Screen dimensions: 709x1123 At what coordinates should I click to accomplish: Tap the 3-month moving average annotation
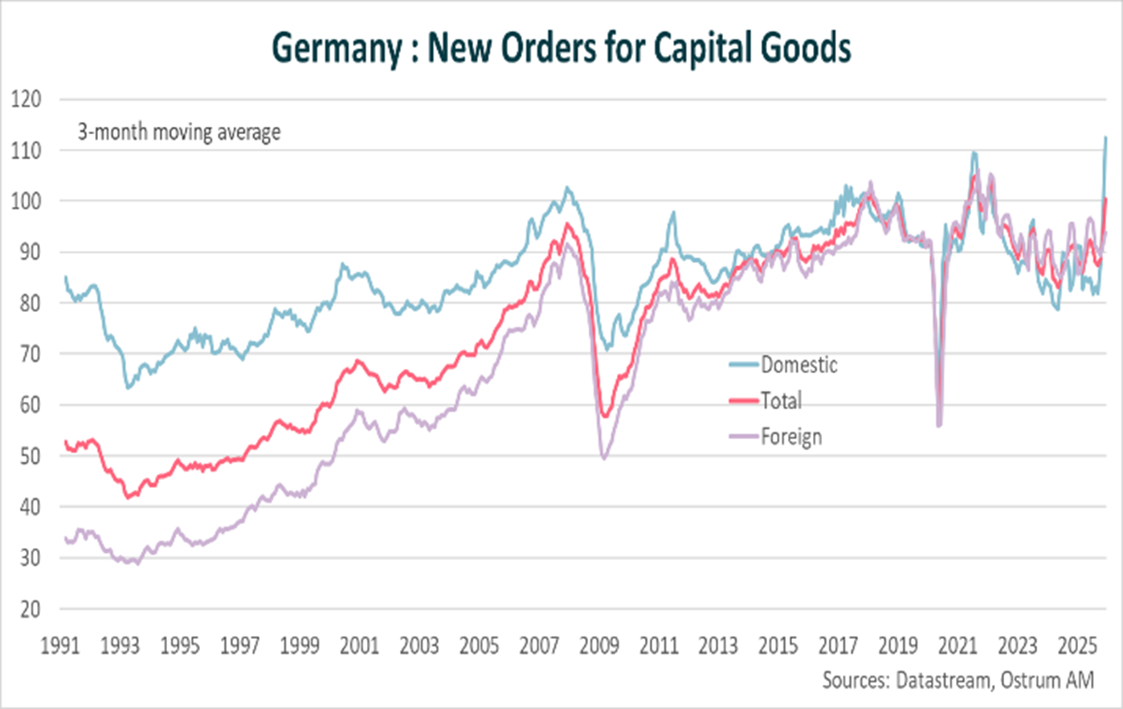click(x=179, y=131)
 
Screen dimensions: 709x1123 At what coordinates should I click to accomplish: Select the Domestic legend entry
click(x=798, y=365)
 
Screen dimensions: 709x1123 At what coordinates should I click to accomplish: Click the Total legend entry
click(x=781, y=400)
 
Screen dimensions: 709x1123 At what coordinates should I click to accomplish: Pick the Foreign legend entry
click(x=791, y=436)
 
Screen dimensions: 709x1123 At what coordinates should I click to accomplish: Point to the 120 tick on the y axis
click(x=26, y=100)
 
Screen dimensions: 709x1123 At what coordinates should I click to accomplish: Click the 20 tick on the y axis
click(x=30, y=609)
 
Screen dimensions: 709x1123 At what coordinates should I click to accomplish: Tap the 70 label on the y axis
click(x=30, y=354)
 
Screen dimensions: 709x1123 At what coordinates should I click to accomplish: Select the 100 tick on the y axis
click(x=26, y=202)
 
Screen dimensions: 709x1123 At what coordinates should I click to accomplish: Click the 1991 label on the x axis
click(x=60, y=646)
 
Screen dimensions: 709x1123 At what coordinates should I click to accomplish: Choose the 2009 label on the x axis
click(x=599, y=646)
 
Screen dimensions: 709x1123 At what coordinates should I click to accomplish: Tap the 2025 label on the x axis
click(x=1077, y=646)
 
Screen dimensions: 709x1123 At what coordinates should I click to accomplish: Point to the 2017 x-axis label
click(x=838, y=646)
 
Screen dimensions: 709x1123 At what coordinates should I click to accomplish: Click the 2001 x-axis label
click(x=359, y=646)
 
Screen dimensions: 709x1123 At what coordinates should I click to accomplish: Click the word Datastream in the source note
click(x=943, y=680)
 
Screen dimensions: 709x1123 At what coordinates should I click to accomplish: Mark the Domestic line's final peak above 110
click(x=1105, y=137)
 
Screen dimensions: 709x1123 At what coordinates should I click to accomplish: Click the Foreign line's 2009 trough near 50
click(x=603, y=458)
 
